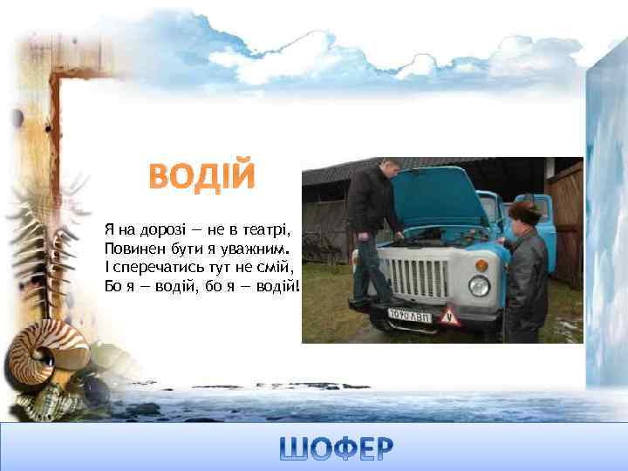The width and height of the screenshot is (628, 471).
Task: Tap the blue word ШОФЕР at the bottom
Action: (337, 448)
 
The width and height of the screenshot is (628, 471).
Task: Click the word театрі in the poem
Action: (267, 229)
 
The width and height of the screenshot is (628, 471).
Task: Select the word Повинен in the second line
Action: (129, 249)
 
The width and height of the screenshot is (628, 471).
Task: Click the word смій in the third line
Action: (276, 267)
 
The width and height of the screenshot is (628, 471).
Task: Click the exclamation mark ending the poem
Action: (297, 286)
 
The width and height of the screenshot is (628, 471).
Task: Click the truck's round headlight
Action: (479, 285)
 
